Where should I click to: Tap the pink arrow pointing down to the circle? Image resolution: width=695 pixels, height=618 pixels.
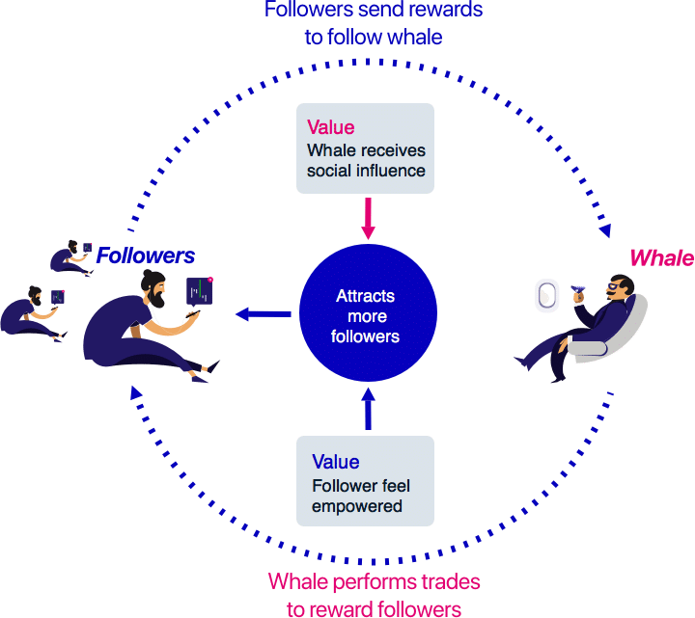[x=367, y=219]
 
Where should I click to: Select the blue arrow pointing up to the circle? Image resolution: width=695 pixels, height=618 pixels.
[x=367, y=407]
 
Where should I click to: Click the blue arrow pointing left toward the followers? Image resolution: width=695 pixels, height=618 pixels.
[x=264, y=313]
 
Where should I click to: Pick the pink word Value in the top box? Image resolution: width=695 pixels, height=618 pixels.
[x=330, y=127]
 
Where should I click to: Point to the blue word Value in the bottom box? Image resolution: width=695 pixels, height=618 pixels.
[x=336, y=462]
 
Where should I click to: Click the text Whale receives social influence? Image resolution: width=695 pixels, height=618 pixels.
[x=366, y=161]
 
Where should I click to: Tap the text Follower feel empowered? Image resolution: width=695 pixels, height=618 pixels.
[x=361, y=497]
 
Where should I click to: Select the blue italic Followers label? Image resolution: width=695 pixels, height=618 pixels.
[x=145, y=255]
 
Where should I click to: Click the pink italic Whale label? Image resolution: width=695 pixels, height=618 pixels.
[x=661, y=257]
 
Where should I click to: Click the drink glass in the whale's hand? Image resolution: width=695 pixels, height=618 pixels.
[x=579, y=289]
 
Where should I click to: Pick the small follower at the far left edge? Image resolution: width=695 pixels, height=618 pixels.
[x=29, y=313]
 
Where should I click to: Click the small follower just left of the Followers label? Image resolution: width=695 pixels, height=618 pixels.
[x=73, y=255]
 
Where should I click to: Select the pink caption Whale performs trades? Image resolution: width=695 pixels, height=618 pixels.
[x=374, y=581]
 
